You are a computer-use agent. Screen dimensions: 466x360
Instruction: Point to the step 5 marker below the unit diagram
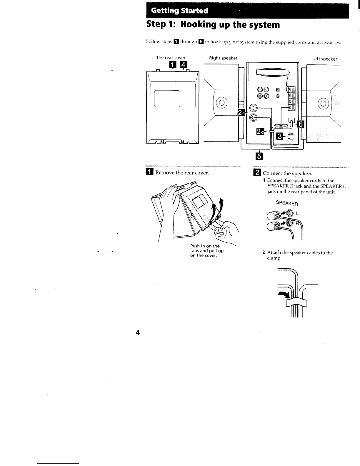pyautogui.click(x=259, y=156)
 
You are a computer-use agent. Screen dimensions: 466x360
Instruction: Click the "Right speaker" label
pyautogui.click(x=223, y=58)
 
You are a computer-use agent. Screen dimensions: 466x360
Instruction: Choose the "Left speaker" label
pyautogui.click(x=324, y=59)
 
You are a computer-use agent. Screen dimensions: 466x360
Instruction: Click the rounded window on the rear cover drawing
pyautogui.click(x=167, y=98)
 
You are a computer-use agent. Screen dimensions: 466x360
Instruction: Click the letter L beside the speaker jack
pyautogui.click(x=297, y=213)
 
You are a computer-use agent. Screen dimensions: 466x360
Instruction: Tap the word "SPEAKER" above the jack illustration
pyautogui.click(x=287, y=203)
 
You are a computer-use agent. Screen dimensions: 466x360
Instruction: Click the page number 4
pyautogui.click(x=137, y=333)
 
